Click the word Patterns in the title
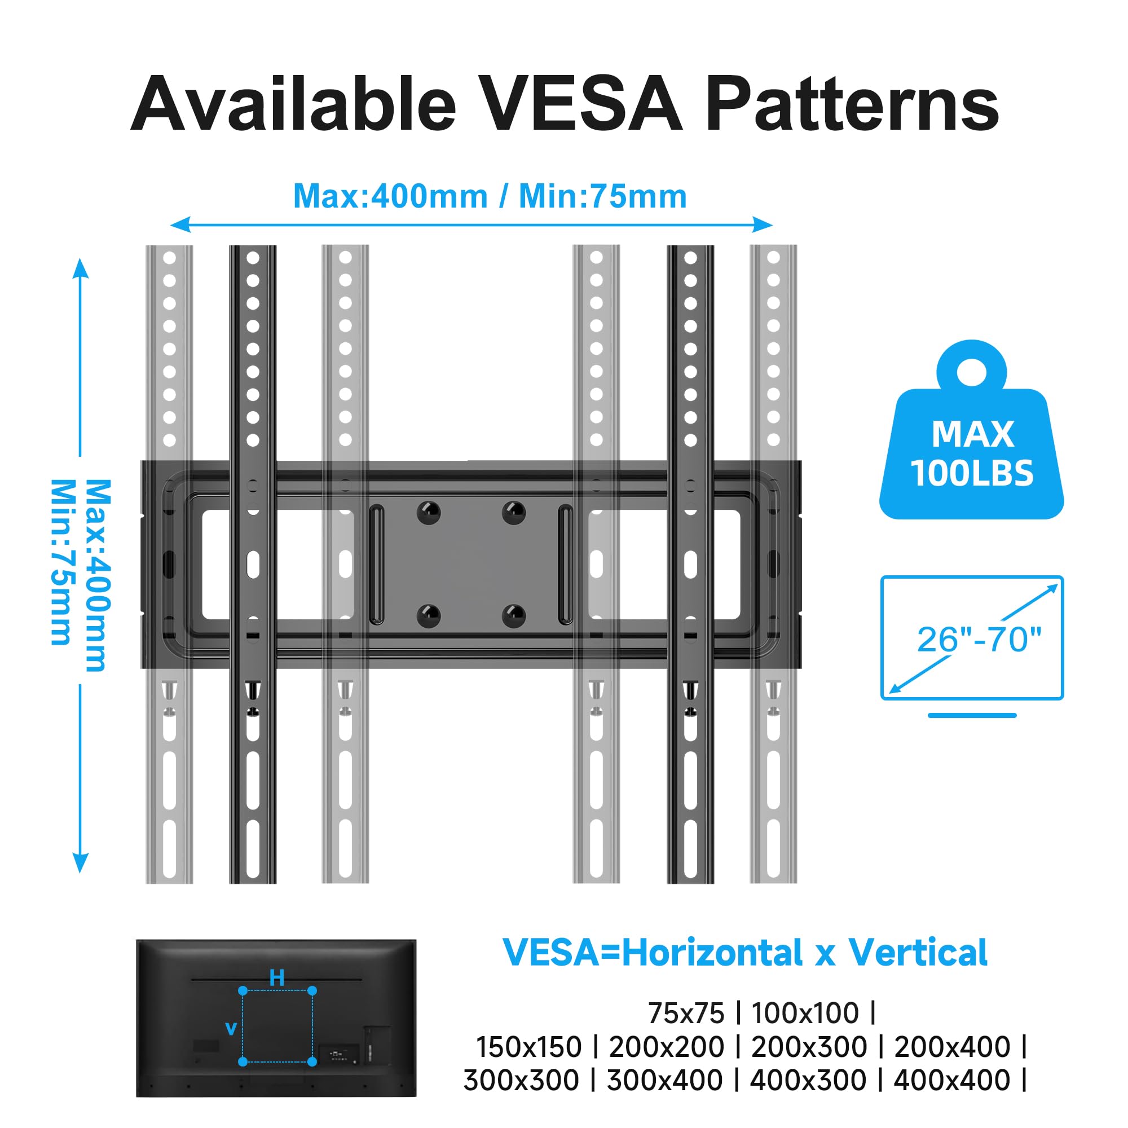pos(853,104)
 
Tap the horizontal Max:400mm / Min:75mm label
pos(489,196)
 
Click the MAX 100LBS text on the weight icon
pos(972,453)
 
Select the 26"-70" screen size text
pos(979,640)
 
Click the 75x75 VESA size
pos(686,1013)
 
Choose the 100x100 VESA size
pos(805,1013)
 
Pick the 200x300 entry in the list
pos(809,1047)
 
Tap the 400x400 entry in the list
pos(951,1080)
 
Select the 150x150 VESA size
pos(529,1047)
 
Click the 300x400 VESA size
pos(665,1080)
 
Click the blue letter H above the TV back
pos(277,977)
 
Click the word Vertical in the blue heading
pos(917,953)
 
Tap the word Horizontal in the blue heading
pos(712,953)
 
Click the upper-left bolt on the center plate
pos(429,513)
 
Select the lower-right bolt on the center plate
pos(514,616)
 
